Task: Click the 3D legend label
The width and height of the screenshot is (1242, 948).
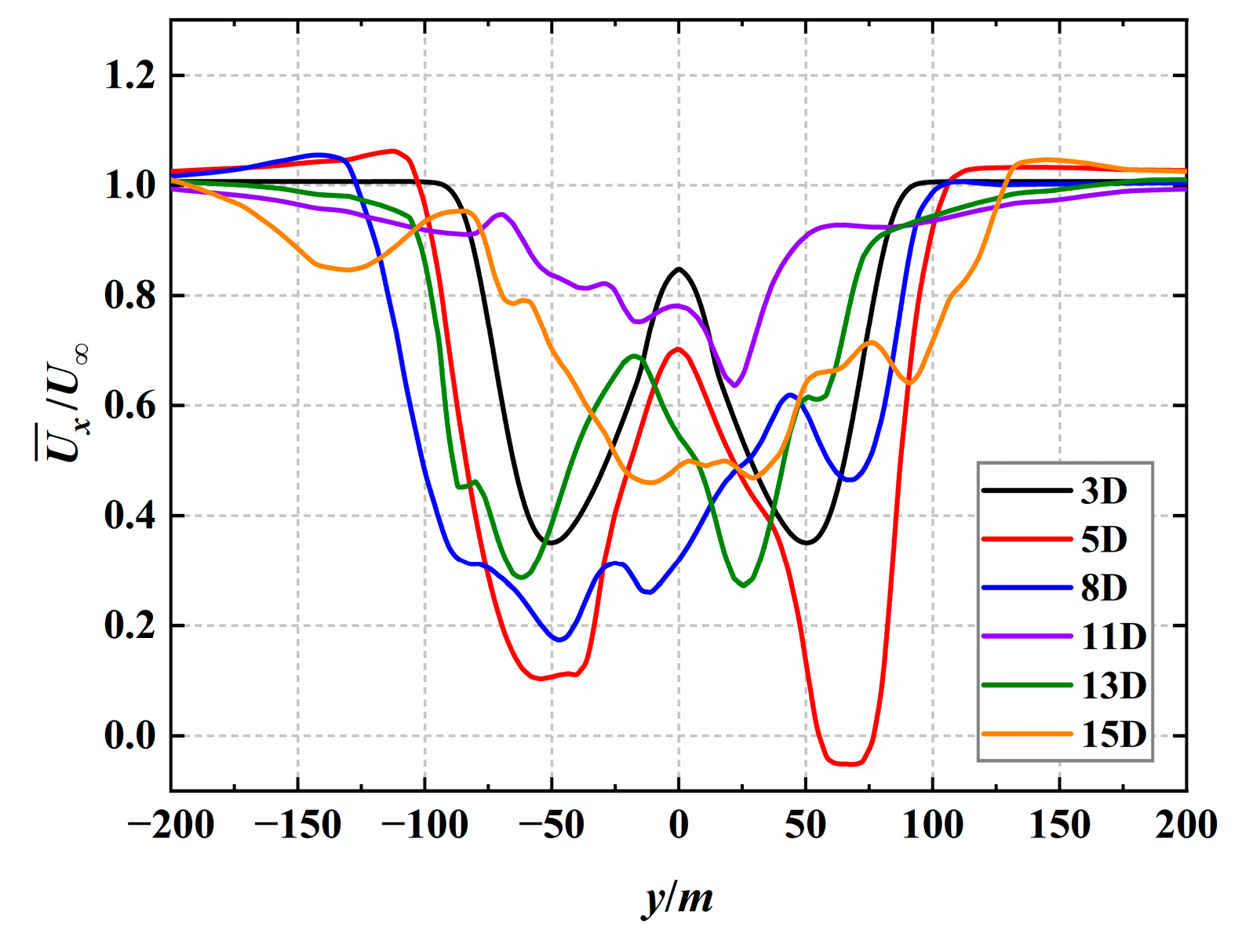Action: click(x=1104, y=491)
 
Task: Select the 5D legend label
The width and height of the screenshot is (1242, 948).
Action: click(x=1104, y=540)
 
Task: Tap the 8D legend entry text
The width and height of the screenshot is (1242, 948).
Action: click(x=1104, y=589)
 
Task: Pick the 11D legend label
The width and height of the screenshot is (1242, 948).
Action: click(x=1113, y=637)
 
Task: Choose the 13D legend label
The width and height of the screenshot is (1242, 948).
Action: click(x=1113, y=686)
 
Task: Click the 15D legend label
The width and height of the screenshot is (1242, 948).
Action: click(x=1113, y=735)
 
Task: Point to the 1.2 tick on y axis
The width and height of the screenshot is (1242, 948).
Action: click(x=130, y=77)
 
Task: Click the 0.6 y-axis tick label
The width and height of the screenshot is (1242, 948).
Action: click(x=130, y=407)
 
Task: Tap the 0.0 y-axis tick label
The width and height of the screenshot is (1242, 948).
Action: click(x=130, y=737)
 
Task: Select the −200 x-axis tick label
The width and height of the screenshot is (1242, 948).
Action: click(x=171, y=826)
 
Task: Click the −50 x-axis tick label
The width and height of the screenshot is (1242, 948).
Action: click(x=552, y=826)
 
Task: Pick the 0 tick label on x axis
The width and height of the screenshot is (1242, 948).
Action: click(x=679, y=826)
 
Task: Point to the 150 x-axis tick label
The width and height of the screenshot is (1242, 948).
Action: click(x=1059, y=826)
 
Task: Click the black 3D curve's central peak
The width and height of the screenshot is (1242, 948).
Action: click(x=679, y=269)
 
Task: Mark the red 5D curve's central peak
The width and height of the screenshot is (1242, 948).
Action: click(x=678, y=349)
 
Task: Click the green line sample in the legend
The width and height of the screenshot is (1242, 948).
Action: click(x=1027, y=685)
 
